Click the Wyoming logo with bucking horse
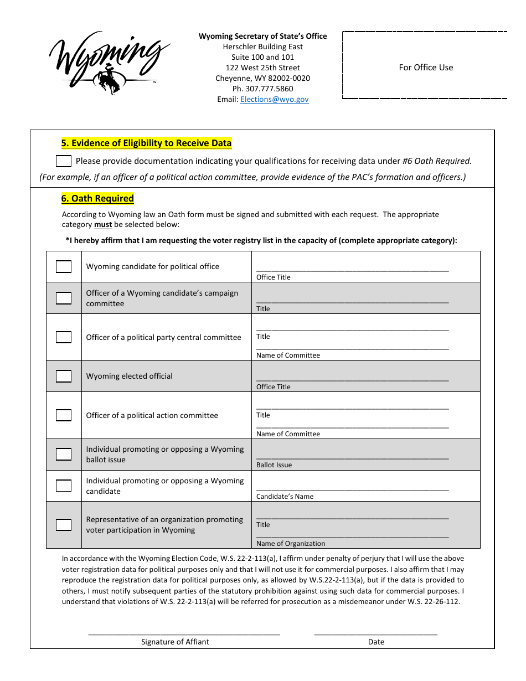(109, 62)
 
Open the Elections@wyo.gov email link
(274, 99)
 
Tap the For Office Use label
(426, 68)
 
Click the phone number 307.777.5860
(263, 89)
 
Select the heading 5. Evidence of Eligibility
(146, 143)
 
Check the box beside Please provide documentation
(64, 161)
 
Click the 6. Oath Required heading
(97, 199)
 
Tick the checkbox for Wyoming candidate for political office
(64, 266)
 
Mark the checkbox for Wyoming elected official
(64, 376)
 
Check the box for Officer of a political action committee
(64, 415)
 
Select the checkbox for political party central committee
(64, 337)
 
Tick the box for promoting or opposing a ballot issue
(64, 455)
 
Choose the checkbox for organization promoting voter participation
(64, 525)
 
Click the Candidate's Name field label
(285, 497)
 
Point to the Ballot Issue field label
(274, 465)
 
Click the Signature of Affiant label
(175, 642)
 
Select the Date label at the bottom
(376, 642)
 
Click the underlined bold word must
(103, 225)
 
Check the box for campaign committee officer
(64, 298)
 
